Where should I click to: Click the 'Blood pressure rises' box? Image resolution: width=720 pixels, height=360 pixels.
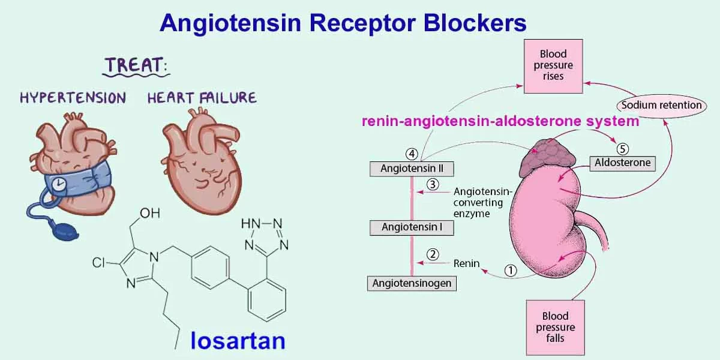(553, 65)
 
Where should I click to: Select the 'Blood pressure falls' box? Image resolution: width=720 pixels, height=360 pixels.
(555, 327)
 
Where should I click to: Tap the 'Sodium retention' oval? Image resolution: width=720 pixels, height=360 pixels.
(661, 105)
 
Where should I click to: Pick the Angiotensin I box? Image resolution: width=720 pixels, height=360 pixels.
(412, 227)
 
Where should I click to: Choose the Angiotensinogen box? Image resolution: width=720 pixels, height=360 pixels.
(412, 283)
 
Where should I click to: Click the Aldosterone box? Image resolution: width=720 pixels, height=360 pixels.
(622, 163)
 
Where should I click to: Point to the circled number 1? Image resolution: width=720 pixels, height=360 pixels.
(510, 271)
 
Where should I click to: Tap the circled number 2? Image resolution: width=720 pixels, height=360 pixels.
(432, 254)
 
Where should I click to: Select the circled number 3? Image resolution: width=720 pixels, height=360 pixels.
(432, 184)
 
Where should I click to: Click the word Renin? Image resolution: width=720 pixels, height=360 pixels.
(466, 263)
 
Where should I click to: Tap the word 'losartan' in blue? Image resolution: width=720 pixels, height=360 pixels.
(238, 340)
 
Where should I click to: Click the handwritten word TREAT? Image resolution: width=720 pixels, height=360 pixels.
(135, 65)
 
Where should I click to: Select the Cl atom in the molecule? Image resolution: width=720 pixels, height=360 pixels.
(99, 263)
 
